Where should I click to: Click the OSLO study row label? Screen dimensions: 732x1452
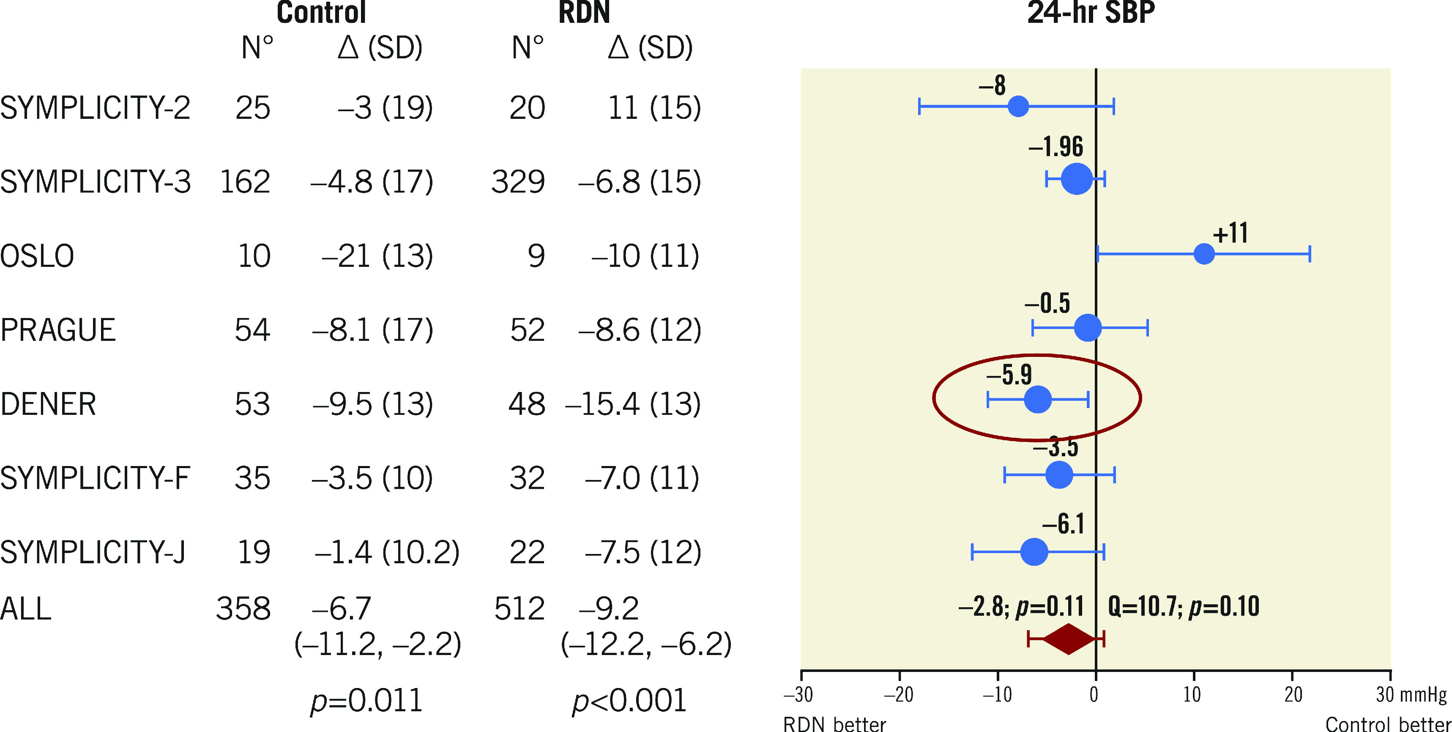coord(37,256)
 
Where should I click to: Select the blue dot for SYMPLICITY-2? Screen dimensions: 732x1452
coord(1018,106)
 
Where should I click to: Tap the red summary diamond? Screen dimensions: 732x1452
coord(1068,639)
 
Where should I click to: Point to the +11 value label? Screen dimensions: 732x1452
coord(1230,233)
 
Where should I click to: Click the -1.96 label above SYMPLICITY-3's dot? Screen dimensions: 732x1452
coord(1055,147)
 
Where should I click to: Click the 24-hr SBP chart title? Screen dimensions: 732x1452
coord(1091,12)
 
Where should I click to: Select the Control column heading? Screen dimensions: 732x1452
coord(321,12)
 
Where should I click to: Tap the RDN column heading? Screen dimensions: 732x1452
coord(584,12)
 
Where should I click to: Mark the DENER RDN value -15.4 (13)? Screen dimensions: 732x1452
coord(632,404)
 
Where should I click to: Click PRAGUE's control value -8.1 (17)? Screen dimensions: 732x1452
coord(372,330)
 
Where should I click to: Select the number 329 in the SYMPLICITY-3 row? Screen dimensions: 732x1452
coord(517,181)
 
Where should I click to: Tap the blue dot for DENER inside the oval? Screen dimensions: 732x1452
coord(1037,399)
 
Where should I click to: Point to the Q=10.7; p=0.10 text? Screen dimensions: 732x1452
coord(1183,606)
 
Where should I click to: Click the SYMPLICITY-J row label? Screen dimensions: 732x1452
coord(93,552)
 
